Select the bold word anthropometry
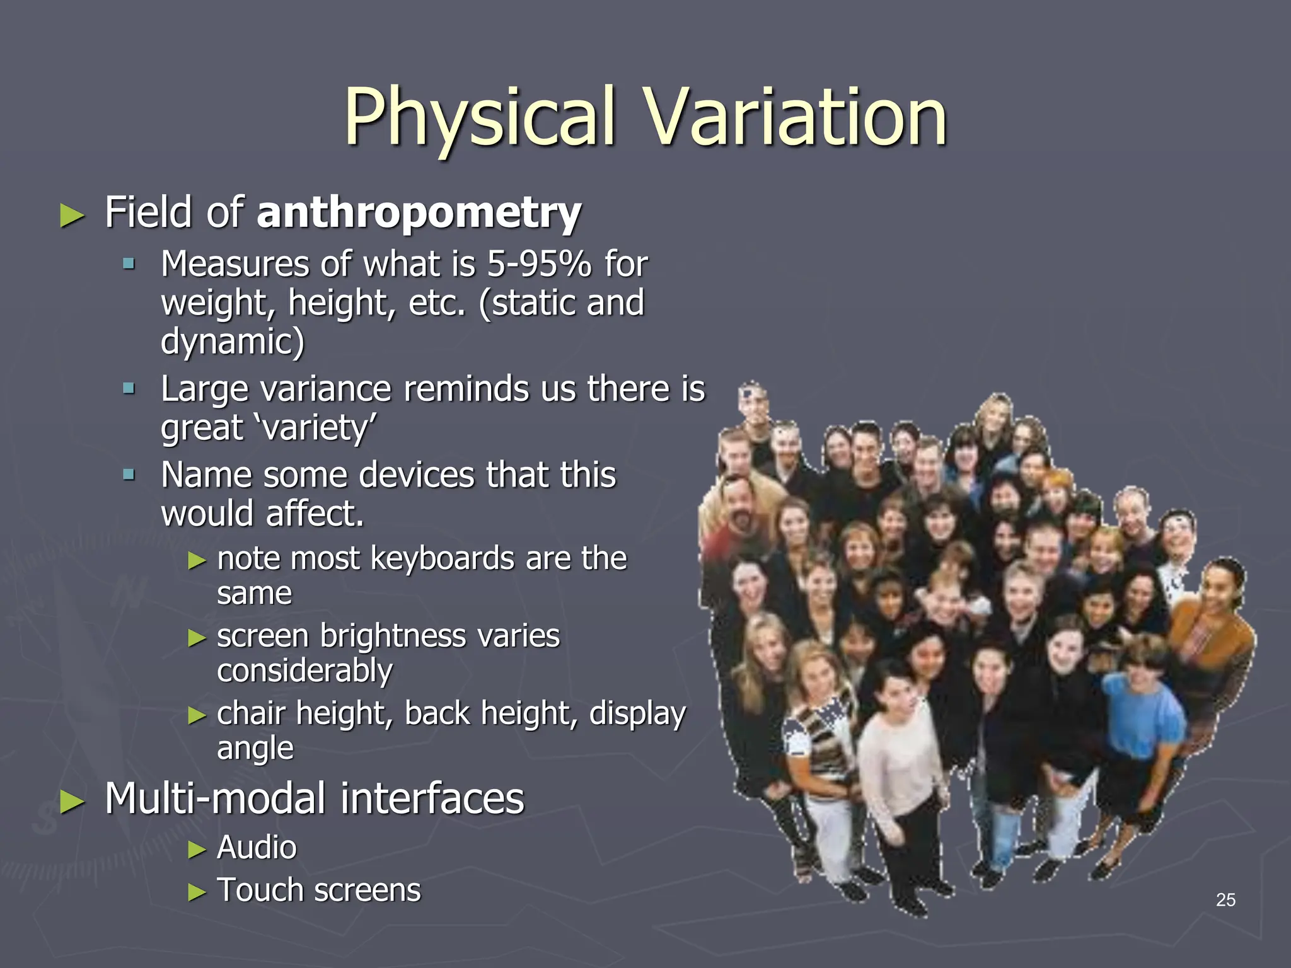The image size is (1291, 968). pyautogui.click(x=419, y=213)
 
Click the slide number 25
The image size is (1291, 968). pyautogui.click(x=1225, y=900)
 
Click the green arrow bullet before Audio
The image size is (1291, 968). pyautogui.click(x=197, y=850)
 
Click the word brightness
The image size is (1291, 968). pyautogui.click(x=393, y=636)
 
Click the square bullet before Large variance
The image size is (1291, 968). pyautogui.click(x=129, y=388)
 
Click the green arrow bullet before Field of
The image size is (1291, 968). pyautogui.click(x=72, y=216)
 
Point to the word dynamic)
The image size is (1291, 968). pyautogui.click(x=232, y=342)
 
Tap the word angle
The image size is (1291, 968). pyautogui.click(x=255, y=749)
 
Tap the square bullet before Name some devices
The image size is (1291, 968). pyautogui.click(x=129, y=474)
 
